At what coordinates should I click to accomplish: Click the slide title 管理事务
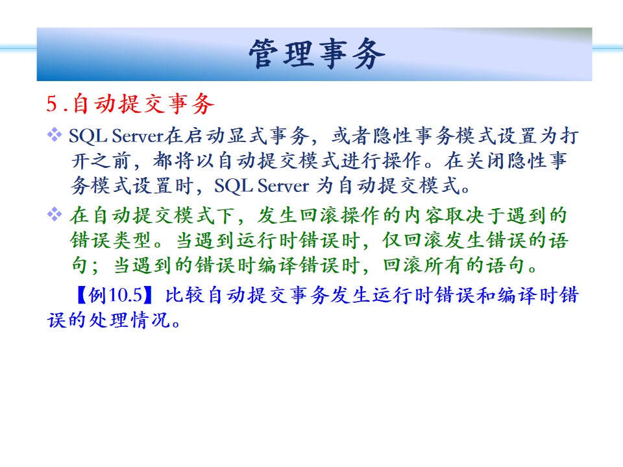pyautogui.click(x=317, y=54)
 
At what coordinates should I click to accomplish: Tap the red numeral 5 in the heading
pyautogui.click(x=53, y=104)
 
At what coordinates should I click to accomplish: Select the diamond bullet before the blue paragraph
pyautogui.click(x=55, y=135)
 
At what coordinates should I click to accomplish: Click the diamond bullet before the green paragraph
pyautogui.click(x=55, y=214)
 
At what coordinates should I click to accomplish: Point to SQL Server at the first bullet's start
pyautogui.click(x=116, y=136)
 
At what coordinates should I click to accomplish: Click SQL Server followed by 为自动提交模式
pyautogui.click(x=262, y=186)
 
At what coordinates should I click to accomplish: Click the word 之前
pyautogui.click(x=112, y=160)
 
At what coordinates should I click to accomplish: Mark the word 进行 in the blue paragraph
pyautogui.click(x=361, y=160)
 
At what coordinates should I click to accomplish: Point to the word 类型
pyautogui.click(x=132, y=240)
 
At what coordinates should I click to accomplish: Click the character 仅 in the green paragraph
pyautogui.click(x=392, y=240)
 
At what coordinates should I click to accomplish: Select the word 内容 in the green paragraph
pyautogui.click(x=424, y=215)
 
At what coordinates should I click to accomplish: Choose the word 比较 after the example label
pyautogui.click(x=185, y=295)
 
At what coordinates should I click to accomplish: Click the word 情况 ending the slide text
pyautogui.click(x=151, y=320)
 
